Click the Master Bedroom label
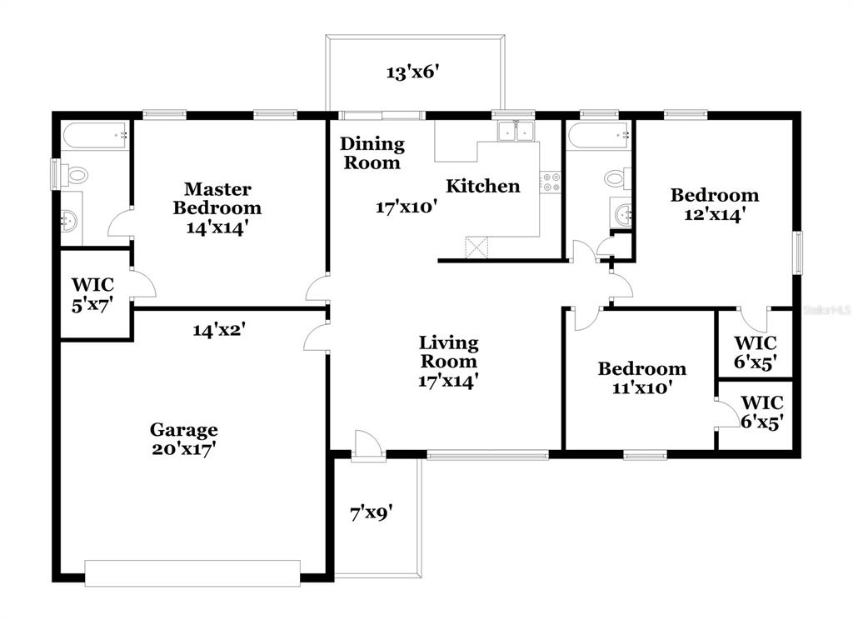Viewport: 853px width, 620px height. pyautogui.click(x=217, y=198)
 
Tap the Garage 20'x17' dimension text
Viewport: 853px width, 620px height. pyautogui.click(x=184, y=449)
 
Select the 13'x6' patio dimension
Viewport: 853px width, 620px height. pyautogui.click(x=413, y=72)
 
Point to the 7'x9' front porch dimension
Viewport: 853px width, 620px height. pyautogui.click(x=372, y=512)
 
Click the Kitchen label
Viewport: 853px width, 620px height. pyautogui.click(x=483, y=186)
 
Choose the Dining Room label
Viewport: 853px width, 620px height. pyautogui.click(x=372, y=153)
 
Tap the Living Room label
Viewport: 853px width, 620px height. pyautogui.click(x=449, y=352)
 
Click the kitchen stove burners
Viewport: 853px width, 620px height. pyautogui.click(x=550, y=182)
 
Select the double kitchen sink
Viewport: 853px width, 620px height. pyautogui.click(x=516, y=131)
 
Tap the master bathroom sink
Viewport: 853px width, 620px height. pyautogui.click(x=69, y=221)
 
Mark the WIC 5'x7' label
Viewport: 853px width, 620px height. pyautogui.click(x=92, y=294)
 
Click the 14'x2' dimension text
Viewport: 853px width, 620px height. pyautogui.click(x=219, y=330)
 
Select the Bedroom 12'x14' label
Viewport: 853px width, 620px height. pyautogui.click(x=714, y=205)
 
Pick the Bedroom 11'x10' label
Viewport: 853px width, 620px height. pyautogui.click(x=642, y=377)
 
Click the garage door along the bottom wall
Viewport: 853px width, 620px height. pyautogui.click(x=192, y=573)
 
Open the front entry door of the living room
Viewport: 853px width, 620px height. pyautogui.click(x=367, y=446)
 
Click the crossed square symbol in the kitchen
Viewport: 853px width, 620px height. pyautogui.click(x=477, y=247)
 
